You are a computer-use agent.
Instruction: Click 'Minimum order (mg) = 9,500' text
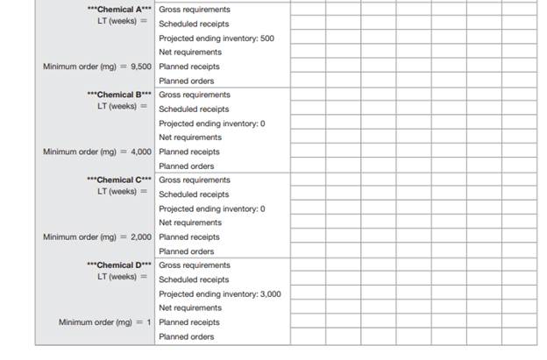(x=97, y=67)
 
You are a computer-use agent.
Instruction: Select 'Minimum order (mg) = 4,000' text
(x=97, y=152)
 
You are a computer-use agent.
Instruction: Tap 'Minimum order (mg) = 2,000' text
(x=97, y=236)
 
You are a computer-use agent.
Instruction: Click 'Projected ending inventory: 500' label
(x=216, y=39)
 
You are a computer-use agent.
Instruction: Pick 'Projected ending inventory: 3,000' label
(x=220, y=293)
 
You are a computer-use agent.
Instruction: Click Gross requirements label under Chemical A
(x=195, y=10)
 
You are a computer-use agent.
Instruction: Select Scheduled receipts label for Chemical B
(x=194, y=109)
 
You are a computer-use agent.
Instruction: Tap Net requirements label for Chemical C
(x=190, y=222)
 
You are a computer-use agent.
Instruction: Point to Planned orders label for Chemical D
(x=187, y=336)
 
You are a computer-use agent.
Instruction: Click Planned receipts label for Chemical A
(x=189, y=67)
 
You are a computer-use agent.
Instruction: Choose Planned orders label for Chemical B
(x=187, y=166)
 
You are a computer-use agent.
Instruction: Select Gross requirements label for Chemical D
(x=195, y=265)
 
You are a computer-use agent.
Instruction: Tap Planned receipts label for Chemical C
(x=189, y=236)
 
